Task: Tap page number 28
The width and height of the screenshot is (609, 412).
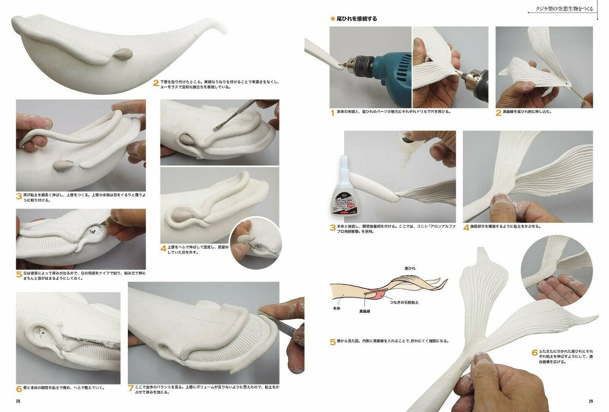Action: (x=18, y=401)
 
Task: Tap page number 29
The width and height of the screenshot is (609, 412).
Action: (x=591, y=401)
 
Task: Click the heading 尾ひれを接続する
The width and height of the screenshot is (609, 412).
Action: (x=357, y=19)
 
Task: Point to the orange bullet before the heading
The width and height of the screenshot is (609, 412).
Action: (x=332, y=19)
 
